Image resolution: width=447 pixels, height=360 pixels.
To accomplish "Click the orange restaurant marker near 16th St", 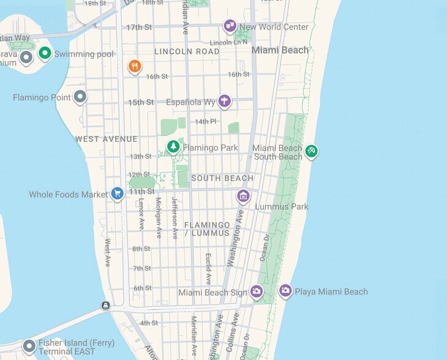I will pyautogui.click(x=135, y=66).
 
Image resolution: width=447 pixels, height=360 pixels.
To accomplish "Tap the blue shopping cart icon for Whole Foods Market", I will pyautogui.click(x=118, y=194).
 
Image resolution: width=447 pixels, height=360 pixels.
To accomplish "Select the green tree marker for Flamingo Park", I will pyautogui.click(x=174, y=147).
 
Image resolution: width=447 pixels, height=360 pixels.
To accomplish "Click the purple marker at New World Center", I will pyautogui.click(x=230, y=26).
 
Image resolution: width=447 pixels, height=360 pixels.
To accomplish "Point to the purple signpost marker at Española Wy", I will pyautogui.click(x=225, y=100).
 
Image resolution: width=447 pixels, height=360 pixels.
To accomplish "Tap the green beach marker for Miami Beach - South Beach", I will pyautogui.click(x=312, y=151).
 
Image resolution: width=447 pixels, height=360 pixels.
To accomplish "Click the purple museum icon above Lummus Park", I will pyautogui.click(x=243, y=196).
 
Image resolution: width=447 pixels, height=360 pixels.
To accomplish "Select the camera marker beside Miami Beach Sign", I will pyautogui.click(x=257, y=292).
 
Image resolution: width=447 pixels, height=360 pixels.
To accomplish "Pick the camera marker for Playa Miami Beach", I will pyautogui.click(x=285, y=291).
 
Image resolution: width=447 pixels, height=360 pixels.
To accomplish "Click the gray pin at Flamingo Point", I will pyautogui.click(x=80, y=96).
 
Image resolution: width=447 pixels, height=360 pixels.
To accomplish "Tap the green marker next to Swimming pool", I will pyautogui.click(x=45, y=53).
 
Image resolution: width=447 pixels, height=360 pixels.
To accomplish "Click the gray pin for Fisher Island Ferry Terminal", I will pyautogui.click(x=29, y=347).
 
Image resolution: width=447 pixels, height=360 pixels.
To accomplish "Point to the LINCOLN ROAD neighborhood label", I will pyautogui.click(x=187, y=51).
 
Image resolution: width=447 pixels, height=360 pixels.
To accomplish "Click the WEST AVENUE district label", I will pyautogui.click(x=107, y=139).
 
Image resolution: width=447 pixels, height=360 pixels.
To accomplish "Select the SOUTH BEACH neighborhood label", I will pyautogui.click(x=222, y=178).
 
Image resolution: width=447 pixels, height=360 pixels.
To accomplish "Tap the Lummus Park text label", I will pyautogui.click(x=282, y=207).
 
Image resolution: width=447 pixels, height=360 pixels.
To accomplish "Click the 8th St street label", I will pyautogui.click(x=141, y=249).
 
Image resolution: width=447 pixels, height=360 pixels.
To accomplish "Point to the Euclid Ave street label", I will pyautogui.click(x=208, y=269).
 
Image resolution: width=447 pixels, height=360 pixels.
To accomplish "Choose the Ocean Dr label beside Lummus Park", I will pyautogui.click(x=265, y=248).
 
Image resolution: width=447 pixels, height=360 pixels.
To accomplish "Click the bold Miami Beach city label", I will pyautogui.click(x=280, y=50).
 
